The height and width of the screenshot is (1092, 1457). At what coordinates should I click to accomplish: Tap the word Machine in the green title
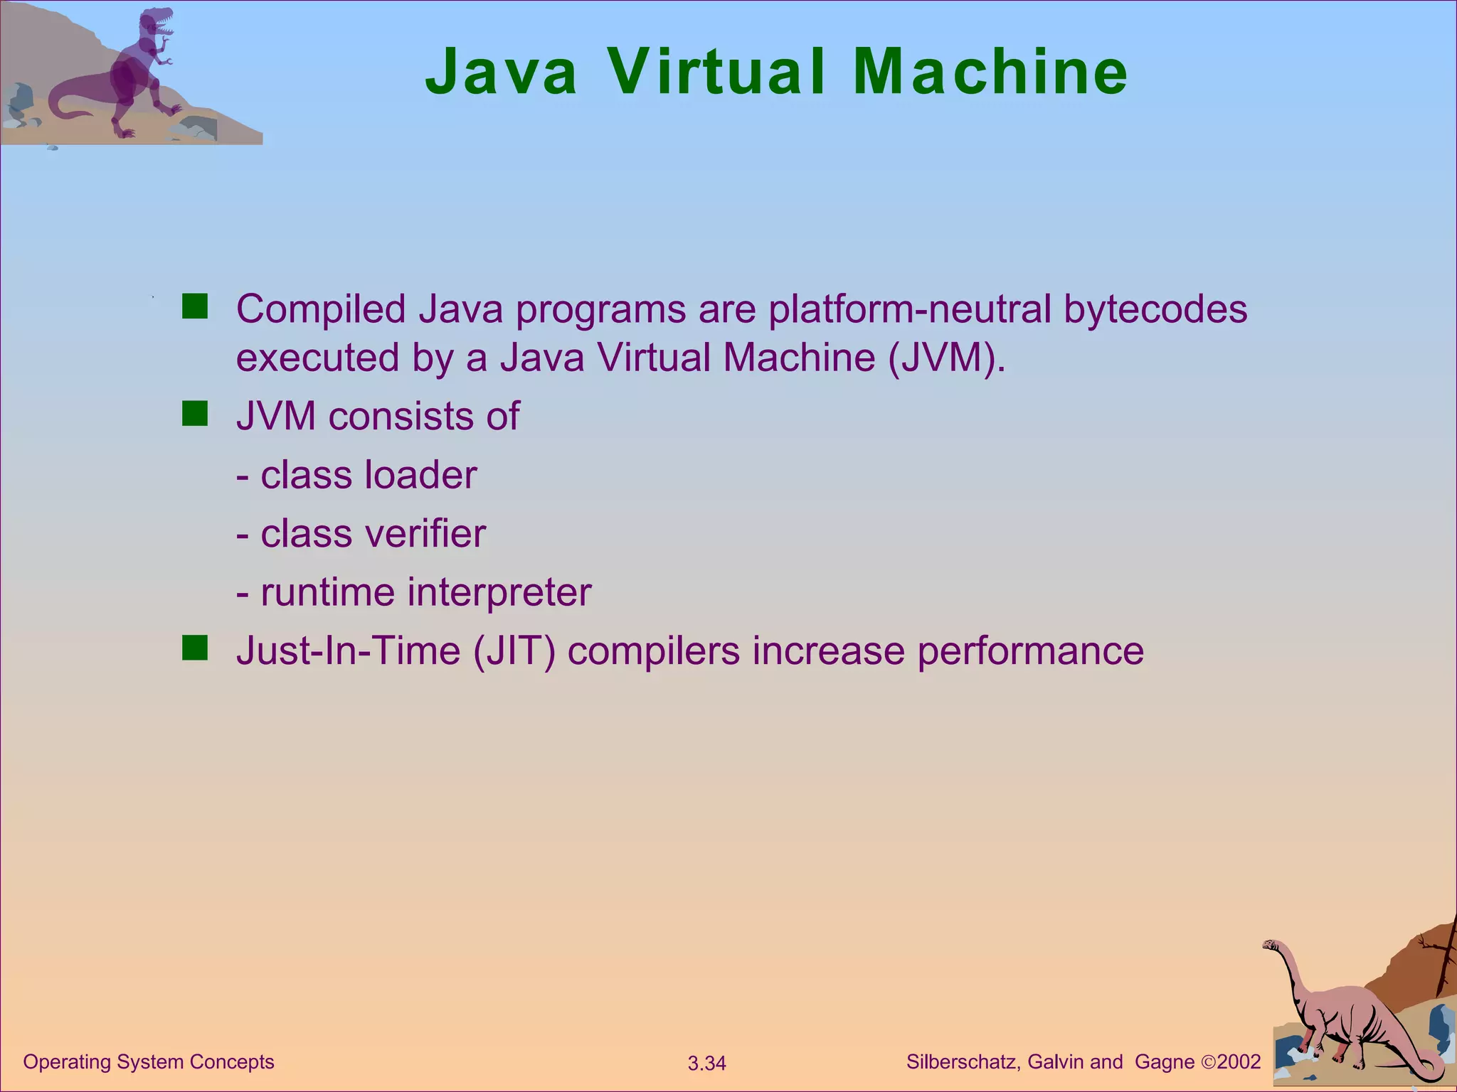(990, 72)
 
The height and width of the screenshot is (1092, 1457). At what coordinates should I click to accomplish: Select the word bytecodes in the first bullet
(1155, 310)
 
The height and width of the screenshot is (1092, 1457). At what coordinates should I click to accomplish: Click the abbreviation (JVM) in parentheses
(946, 358)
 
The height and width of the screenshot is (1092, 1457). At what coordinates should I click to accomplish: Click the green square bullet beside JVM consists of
(194, 414)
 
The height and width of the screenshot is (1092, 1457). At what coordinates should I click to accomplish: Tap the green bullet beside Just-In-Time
(194, 648)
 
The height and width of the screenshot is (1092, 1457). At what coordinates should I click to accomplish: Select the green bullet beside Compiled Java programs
(194, 307)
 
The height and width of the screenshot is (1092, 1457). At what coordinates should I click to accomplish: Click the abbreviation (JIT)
(514, 651)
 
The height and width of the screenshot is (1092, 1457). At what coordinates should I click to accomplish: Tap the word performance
(1031, 651)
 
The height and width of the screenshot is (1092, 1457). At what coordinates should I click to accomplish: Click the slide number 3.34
(706, 1064)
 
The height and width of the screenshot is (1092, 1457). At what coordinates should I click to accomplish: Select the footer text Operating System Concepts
(149, 1061)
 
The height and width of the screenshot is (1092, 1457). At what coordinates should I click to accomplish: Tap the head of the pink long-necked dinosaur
(1271, 946)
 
